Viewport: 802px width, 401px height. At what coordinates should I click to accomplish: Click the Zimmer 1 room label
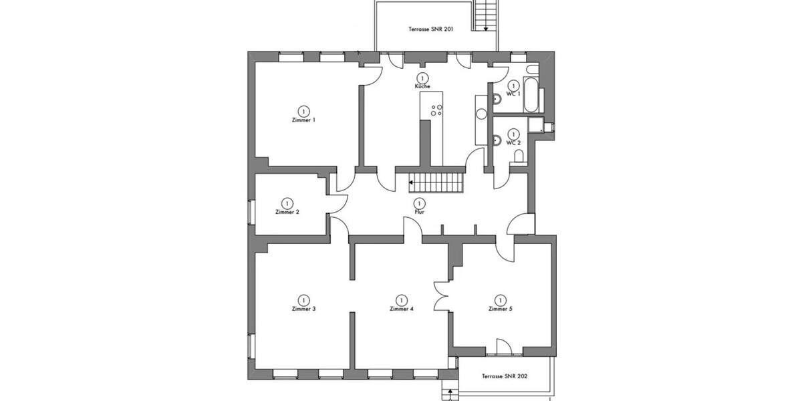click(303, 120)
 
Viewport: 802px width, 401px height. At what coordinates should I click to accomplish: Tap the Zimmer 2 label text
click(287, 212)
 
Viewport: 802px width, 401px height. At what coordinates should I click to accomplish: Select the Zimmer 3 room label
click(303, 309)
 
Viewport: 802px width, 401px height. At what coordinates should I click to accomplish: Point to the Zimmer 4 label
click(402, 309)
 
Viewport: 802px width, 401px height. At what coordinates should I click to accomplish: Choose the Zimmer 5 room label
click(500, 309)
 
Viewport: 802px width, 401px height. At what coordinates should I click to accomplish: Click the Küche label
click(422, 87)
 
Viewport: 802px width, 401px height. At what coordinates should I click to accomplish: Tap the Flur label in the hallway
click(419, 212)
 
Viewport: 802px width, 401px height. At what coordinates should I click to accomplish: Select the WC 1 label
click(513, 94)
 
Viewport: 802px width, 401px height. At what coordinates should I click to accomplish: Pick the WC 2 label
click(513, 143)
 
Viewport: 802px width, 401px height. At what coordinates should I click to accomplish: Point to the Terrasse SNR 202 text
click(505, 377)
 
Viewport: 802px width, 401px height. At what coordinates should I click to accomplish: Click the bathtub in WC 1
click(532, 95)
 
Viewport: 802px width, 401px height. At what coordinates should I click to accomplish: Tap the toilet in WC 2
click(519, 156)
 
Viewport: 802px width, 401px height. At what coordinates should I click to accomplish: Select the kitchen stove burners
click(437, 111)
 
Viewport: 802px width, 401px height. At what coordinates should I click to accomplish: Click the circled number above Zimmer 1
click(303, 110)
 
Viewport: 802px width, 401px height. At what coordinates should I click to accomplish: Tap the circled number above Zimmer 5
click(500, 299)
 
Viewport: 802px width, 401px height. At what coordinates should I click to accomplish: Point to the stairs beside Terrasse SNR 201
click(486, 15)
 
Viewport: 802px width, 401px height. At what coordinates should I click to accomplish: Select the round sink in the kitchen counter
click(481, 113)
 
